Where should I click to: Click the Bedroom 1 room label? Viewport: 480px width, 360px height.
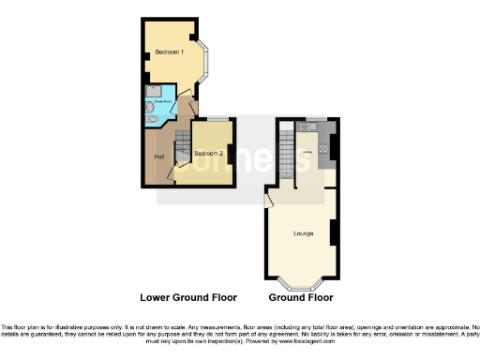coord(170,52)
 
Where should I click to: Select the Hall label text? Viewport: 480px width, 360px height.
coord(159,157)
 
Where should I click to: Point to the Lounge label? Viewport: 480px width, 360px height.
coord(303,232)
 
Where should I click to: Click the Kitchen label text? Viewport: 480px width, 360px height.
coord(306,152)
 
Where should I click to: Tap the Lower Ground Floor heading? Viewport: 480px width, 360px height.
coord(188,297)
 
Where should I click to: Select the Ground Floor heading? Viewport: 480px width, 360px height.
coord(301,297)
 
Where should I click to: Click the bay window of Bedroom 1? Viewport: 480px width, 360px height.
coord(209,62)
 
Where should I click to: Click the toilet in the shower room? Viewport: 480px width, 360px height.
coord(152,109)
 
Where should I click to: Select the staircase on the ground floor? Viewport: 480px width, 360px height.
coord(286,150)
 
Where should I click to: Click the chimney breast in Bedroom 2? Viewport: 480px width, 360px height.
coord(230,151)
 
